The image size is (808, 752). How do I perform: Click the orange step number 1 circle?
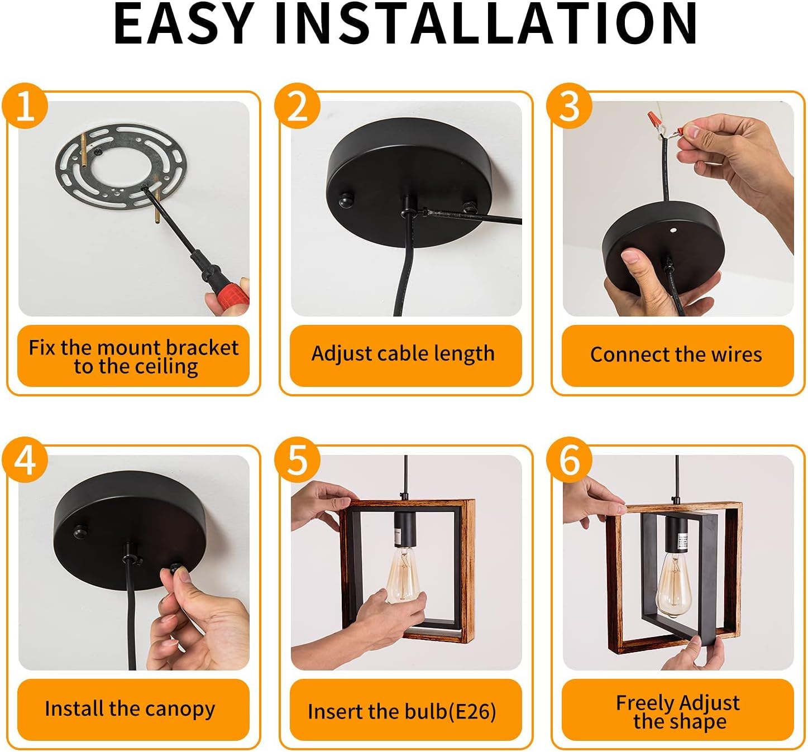(25, 106)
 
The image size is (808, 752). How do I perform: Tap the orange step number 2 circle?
(297, 106)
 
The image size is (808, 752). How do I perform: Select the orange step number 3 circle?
(569, 106)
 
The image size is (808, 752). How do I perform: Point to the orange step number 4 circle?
(25, 460)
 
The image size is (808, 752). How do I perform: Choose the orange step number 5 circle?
(297, 460)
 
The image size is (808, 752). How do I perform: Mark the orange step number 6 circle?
(569, 460)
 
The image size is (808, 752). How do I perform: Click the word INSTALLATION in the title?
(486, 23)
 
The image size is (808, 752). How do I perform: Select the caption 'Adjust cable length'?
(403, 353)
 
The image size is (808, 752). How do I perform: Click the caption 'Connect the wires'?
(676, 355)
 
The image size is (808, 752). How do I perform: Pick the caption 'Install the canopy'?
(130, 709)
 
